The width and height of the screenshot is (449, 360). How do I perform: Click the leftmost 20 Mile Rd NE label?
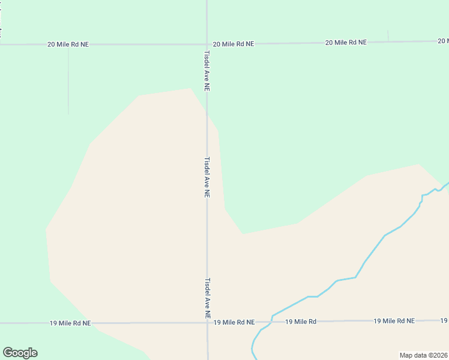(x=68, y=44)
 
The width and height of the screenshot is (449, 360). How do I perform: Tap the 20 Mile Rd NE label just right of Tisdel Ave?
(x=234, y=44)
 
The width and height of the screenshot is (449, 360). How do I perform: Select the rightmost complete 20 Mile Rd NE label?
(x=346, y=43)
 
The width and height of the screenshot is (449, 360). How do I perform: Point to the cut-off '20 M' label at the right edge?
(x=443, y=41)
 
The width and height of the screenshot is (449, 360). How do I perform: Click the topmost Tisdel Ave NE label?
(x=206, y=70)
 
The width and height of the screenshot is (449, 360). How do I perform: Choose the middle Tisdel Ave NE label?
(x=206, y=178)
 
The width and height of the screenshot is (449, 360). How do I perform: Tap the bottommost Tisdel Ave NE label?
(x=207, y=298)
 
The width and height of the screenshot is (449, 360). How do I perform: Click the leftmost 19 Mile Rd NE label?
(x=70, y=323)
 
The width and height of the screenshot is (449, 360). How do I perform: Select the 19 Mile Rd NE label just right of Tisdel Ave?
(x=234, y=322)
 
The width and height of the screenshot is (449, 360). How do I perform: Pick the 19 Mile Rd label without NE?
(x=301, y=322)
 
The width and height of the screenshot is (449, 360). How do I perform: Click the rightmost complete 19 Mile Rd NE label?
(x=394, y=321)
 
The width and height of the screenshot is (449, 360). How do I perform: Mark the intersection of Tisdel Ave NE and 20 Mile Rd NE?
(x=207, y=44)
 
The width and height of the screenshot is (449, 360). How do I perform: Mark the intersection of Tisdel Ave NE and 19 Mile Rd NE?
(x=208, y=323)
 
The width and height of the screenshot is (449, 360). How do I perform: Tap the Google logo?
(x=20, y=353)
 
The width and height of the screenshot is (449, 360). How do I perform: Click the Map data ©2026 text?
(x=423, y=355)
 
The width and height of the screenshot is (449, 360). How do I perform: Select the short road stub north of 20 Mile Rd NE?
(x=388, y=36)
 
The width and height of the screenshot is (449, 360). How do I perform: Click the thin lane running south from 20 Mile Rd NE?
(x=68, y=81)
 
